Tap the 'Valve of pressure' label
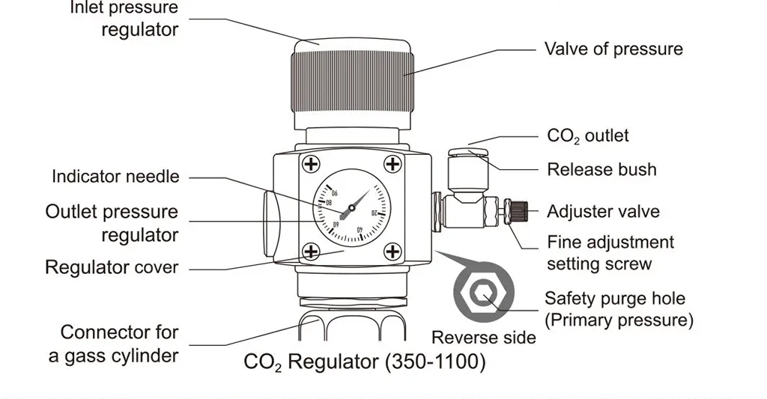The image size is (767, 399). tap(613, 49)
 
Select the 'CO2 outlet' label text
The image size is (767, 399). tap(588, 136)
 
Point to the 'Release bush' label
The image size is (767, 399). tap(601, 170)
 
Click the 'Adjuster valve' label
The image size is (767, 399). tap(603, 212)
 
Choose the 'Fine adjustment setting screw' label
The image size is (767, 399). tap(610, 253)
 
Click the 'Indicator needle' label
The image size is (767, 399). tap(115, 177)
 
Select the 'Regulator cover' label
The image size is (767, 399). tap(112, 267)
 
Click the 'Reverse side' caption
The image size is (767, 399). tap(484, 338)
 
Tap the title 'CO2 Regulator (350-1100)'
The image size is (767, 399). tap(365, 363)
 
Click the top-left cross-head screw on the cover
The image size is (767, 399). tap(310, 164)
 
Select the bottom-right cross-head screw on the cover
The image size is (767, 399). tap(392, 252)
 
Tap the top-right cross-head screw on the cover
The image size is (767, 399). tap(392, 164)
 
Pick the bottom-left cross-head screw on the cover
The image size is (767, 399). tap(310, 252)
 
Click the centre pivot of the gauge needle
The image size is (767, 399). tap(351, 207)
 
